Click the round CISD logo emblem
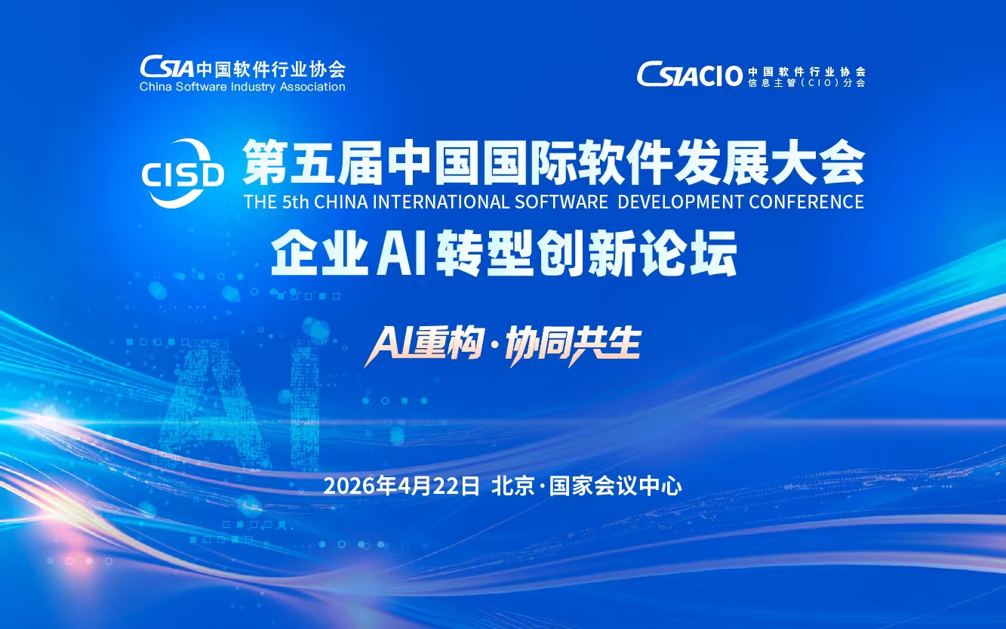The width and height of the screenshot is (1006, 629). coord(183,174)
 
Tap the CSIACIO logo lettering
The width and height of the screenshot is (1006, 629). coord(689,75)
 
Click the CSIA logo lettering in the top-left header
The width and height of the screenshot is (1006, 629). coord(167,67)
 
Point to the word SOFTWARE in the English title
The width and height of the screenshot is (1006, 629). coord(561,202)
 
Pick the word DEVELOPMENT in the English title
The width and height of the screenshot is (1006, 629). coord(680,202)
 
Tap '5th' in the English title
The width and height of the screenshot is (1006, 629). coord(295,202)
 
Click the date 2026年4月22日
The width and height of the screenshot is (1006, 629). coord(401,486)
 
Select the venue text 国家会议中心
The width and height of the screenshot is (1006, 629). coord(615,486)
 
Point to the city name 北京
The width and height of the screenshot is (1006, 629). coord(512,486)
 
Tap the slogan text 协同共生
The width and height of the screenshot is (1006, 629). coord(573,346)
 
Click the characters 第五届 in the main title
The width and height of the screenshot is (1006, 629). coord(312,162)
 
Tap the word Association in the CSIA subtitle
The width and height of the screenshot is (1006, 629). coord(312,87)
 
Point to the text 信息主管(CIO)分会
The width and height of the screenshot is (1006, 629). coord(807,83)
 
